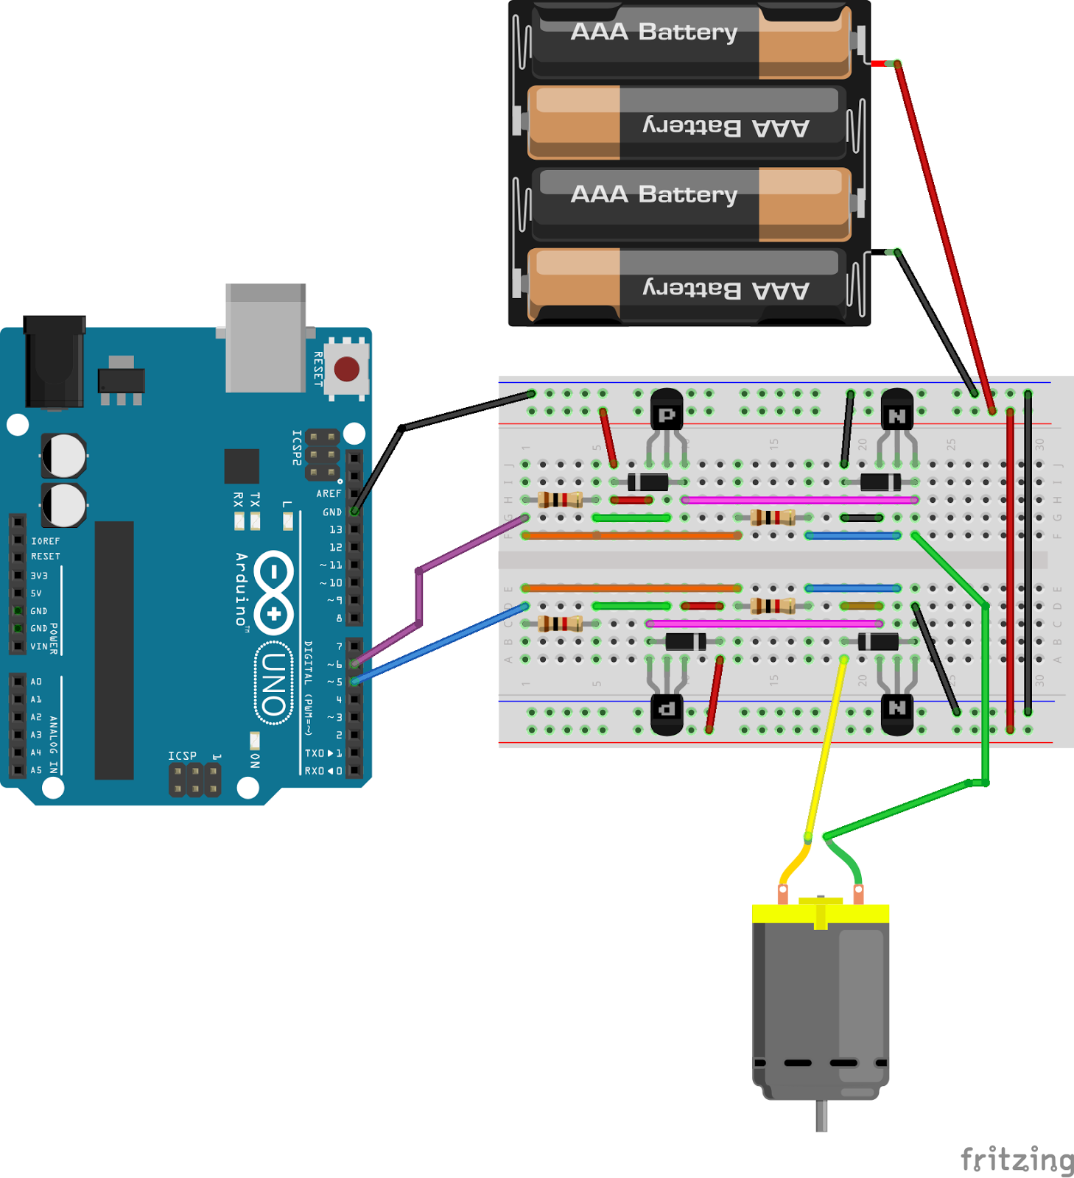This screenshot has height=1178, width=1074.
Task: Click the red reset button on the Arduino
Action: (346, 368)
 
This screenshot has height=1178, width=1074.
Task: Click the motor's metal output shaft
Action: (821, 1115)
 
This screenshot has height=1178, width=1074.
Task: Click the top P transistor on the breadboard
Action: (667, 409)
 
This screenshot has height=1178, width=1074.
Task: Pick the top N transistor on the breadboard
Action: (896, 409)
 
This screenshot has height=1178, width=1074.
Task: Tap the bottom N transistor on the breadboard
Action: (896, 714)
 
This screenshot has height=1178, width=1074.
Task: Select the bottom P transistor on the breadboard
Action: (667, 714)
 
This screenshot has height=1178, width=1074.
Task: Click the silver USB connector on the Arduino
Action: (265, 339)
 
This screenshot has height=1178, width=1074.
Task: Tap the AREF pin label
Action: (329, 493)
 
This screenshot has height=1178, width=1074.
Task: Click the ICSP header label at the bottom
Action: (182, 756)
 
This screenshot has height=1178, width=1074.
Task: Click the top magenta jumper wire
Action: (799, 500)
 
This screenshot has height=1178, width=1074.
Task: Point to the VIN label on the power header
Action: (38, 646)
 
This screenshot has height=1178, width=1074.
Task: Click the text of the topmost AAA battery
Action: (653, 32)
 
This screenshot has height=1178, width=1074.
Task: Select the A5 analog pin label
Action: (35, 770)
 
